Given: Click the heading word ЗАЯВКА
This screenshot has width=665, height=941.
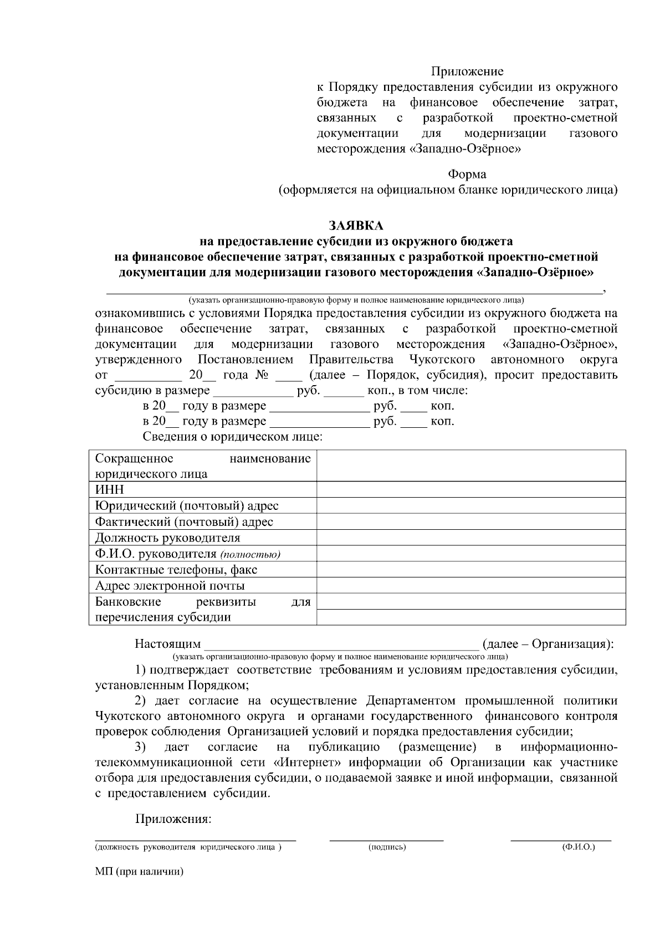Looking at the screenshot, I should pyautogui.click(x=356, y=226).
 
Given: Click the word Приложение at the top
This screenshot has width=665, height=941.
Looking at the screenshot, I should pyautogui.click(x=467, y=71).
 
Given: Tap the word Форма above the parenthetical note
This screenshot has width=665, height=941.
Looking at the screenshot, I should pyautogui.click(x=467, y=174).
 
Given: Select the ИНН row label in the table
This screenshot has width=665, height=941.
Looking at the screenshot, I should pyautogui.click(x=110, y=489).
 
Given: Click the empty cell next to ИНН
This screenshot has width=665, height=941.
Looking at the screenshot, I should pyautogui.click(x=471, y=489).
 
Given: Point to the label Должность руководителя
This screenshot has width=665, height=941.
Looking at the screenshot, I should pyautogui.click(x=167, y=538).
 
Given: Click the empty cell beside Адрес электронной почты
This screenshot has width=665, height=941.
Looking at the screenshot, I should pyautogui.click(x=471, y=586).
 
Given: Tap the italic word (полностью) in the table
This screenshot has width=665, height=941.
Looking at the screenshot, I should pyautogui.click(x=250, y=554).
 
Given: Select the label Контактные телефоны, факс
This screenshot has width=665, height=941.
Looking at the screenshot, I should pyautogui.click(x=176, y=570).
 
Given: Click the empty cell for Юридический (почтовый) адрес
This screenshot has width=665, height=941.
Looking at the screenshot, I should pyautogui.click(x=471, y=505).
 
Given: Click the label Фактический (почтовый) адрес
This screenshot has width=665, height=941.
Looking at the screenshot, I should pyautogui.click(x=184, y=521).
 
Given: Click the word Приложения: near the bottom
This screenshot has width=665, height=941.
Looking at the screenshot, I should pyautogui.click(x=173, y=819).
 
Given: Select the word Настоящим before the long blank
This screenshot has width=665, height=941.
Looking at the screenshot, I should pyautogui.click(x=168, y=644).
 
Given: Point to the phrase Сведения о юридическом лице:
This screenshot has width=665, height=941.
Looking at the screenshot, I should pyautogui.click(x=233, y=437).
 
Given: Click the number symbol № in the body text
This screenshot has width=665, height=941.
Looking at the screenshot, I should pyautogui.click(x=262, y=375).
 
